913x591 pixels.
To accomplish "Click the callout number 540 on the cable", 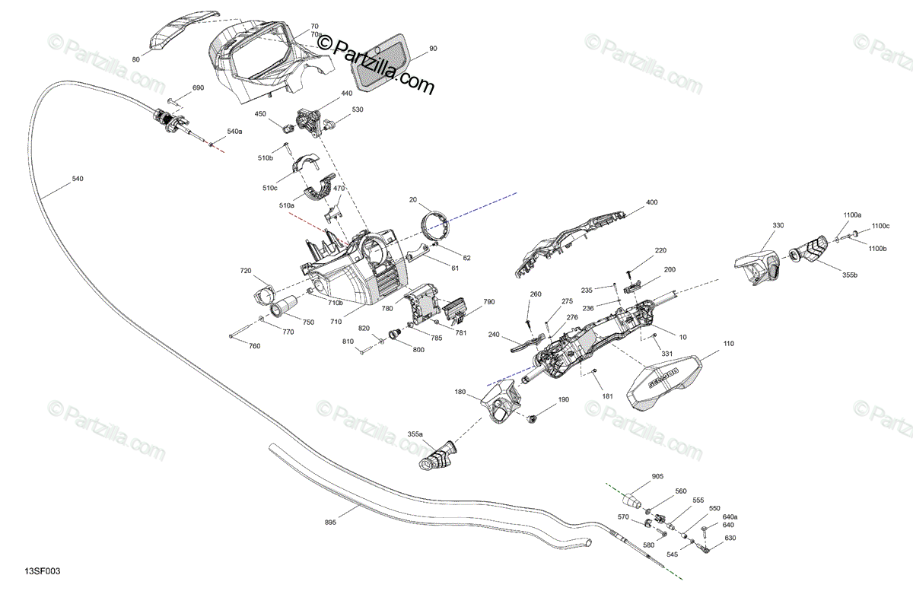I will coord(78,179).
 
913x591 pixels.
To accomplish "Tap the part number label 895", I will coord(330,522).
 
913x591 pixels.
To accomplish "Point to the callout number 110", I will coord(729,345).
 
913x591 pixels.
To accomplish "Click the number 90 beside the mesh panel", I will coord(433,49).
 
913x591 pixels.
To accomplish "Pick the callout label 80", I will coord(136,59).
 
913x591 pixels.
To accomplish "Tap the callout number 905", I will coord(657,476).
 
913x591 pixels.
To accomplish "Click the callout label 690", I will coord(198,88).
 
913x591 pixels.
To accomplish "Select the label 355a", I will coord(415,434).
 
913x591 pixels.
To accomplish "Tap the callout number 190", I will coord(563,399).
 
